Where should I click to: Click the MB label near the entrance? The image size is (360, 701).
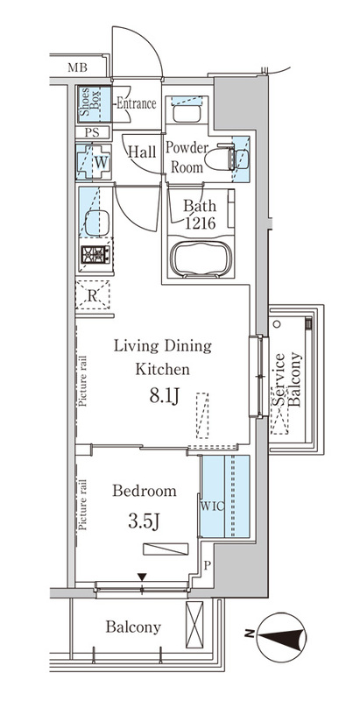77,68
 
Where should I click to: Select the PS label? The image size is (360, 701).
91,132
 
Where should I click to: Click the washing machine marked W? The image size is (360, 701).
94,161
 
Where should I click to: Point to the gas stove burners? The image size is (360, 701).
95,254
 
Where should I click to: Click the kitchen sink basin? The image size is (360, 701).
97,223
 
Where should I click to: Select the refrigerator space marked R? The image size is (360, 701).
93,295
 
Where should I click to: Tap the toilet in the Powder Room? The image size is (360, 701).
220,158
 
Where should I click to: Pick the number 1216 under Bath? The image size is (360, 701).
200,223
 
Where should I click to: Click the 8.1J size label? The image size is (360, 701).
165,397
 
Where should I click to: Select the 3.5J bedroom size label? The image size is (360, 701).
145,521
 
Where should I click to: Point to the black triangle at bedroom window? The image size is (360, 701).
142,577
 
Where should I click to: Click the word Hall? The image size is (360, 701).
142,152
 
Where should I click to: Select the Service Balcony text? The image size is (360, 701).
287,380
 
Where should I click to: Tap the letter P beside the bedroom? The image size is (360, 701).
207,565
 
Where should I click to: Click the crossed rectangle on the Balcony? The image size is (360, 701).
194,624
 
